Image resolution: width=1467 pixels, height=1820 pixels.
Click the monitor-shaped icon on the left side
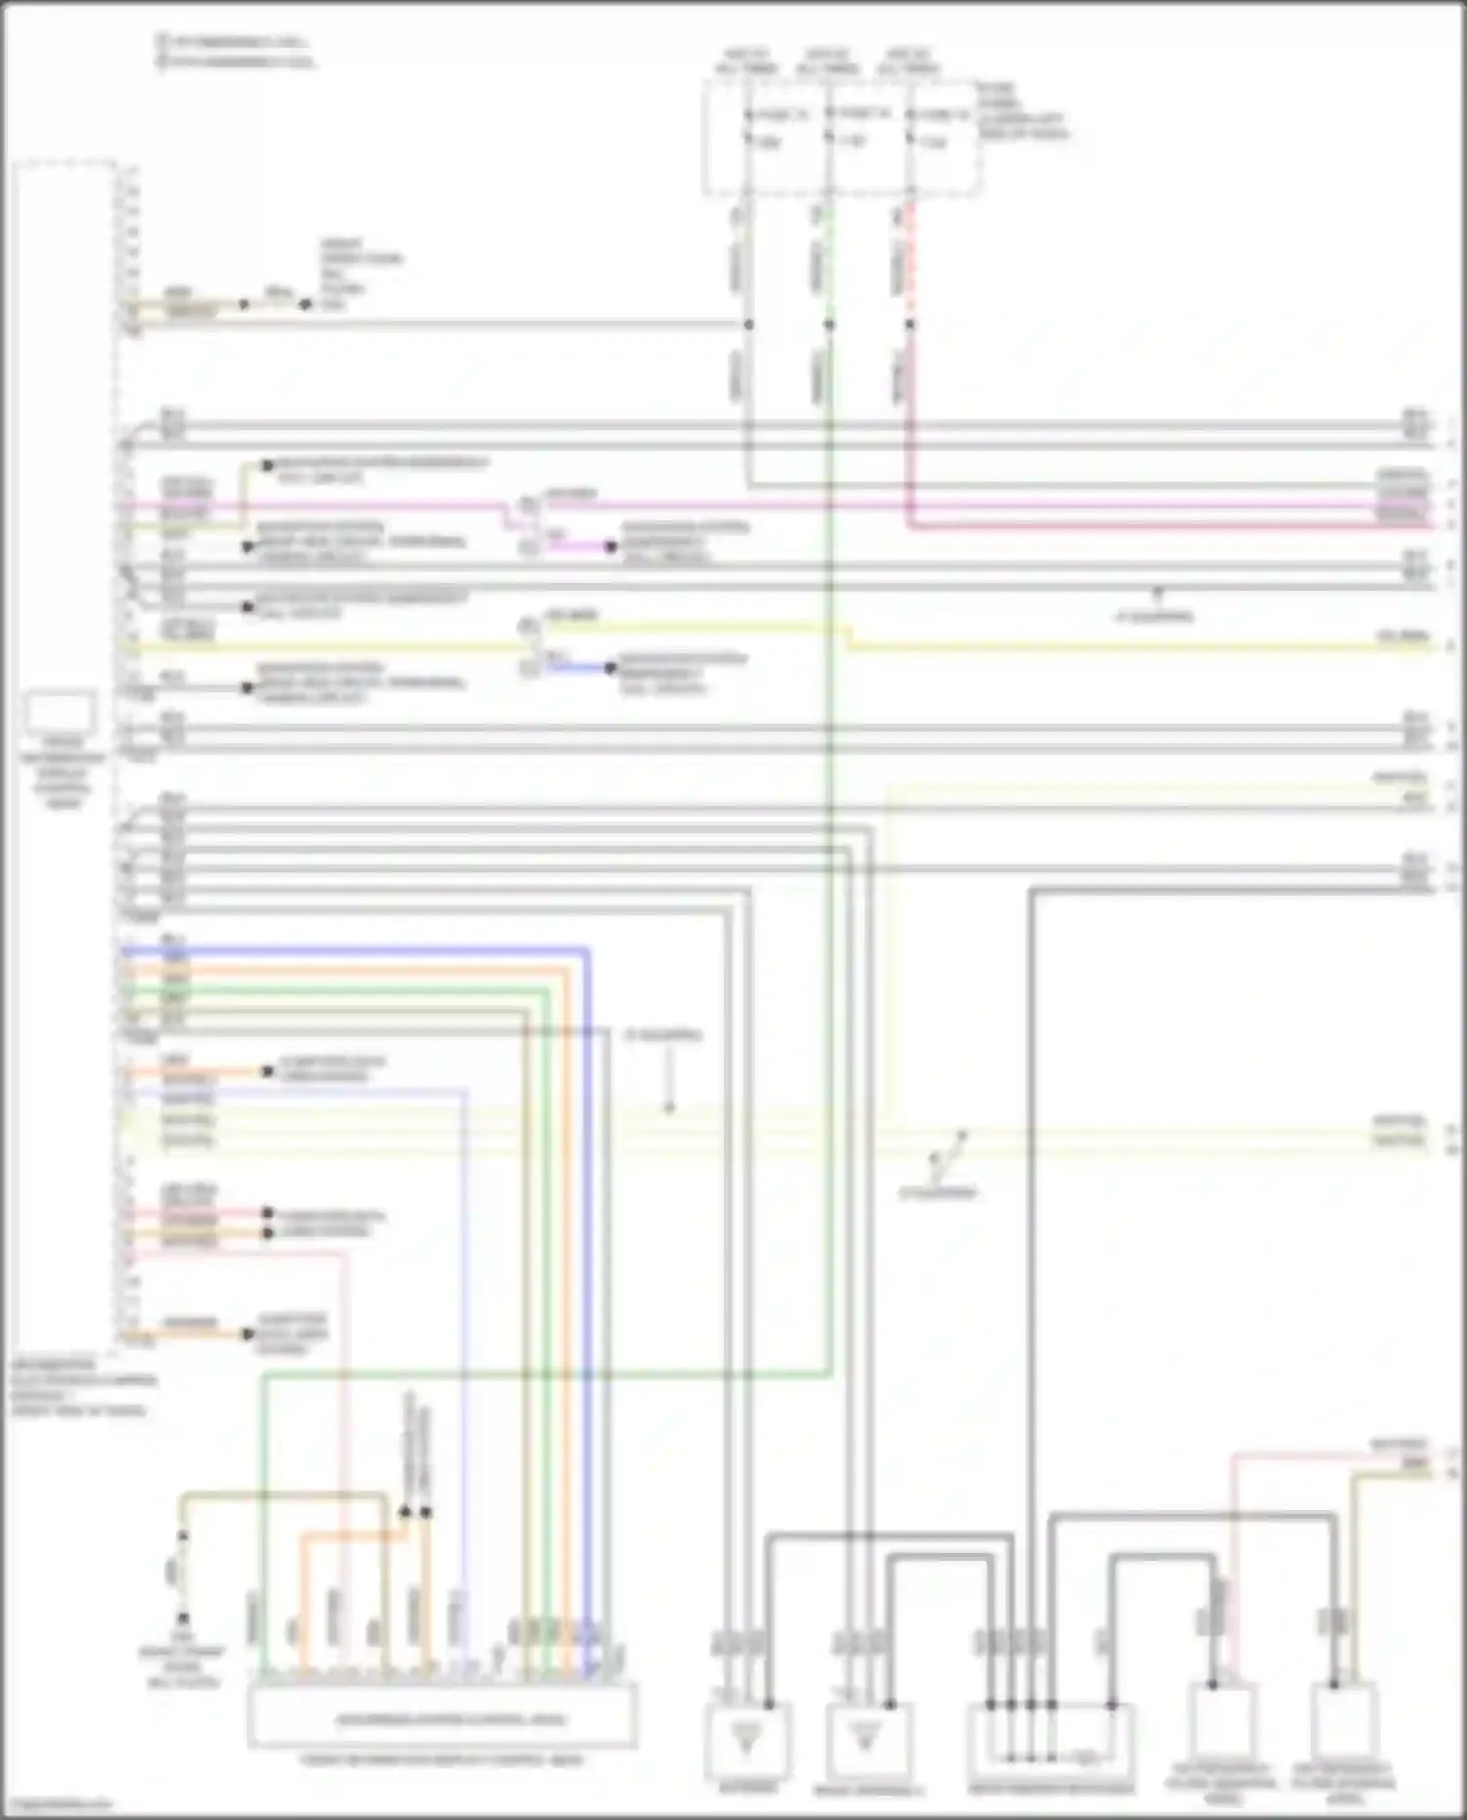(x=61, y=713)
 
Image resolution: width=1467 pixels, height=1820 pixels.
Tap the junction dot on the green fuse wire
(x=828, y=324)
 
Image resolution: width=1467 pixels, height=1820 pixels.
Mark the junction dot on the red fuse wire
(x=910, y=324)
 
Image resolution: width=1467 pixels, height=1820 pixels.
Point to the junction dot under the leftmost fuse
(x=748, y=324)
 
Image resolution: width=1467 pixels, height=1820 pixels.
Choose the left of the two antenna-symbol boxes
(x=747, y=1741)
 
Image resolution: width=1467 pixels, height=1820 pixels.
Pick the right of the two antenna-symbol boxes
(x=867, y=1741)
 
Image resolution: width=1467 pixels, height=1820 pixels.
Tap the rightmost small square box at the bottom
(x=1346, y=1721)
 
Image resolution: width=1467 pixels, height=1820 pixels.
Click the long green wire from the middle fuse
(x=829, y=978)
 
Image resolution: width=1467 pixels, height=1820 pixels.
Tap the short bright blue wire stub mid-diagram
(x=577, y=668)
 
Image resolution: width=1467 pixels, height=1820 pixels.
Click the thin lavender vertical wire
(x=464, y=1369)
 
